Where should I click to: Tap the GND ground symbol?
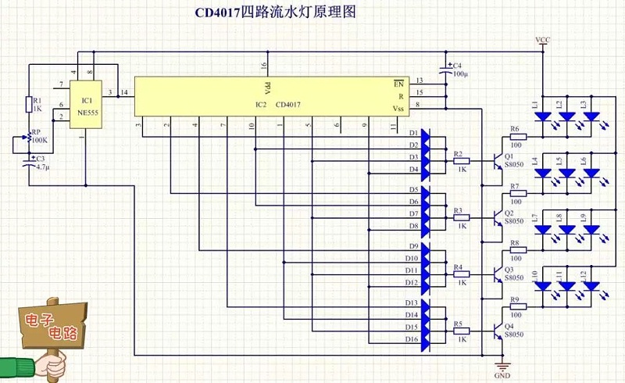click(x=502, y=367)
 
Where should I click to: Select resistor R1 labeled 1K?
click(x=28, y=105)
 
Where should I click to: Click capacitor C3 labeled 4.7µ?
click(x=30, y=164)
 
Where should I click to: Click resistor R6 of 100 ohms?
click(x=518, y=137)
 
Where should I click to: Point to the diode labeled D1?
click(x=425, y=133)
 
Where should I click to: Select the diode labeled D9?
click(x=425, y=246)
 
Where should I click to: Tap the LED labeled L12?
click(x=592, y=287)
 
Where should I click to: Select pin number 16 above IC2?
click(x=264, y=66)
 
